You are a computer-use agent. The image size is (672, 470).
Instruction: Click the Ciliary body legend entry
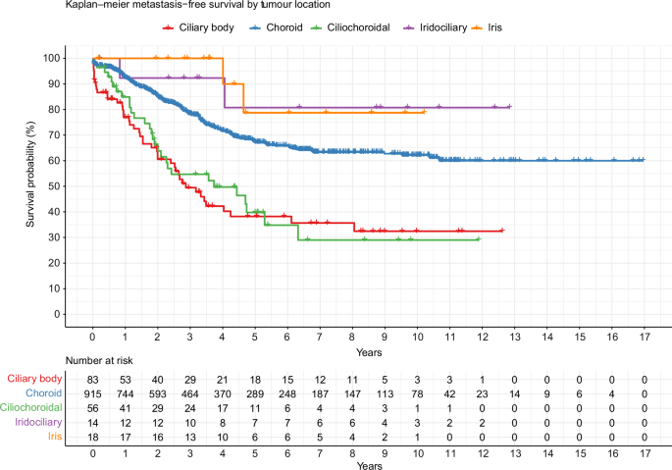[198, 27]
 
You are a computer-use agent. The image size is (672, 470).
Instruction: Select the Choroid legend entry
[277, 27]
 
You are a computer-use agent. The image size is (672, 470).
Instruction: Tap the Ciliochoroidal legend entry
[350, 27]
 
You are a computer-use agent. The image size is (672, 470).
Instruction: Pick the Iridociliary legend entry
[436, 27]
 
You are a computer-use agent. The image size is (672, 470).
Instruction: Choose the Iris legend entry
[487, 27]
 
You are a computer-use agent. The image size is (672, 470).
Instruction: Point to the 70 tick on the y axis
[54, 135]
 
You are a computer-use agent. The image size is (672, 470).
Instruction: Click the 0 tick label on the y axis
[57, 314]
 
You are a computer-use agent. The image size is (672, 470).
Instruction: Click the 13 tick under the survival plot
[515, 338]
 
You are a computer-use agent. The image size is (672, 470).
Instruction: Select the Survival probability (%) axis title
[30, 174]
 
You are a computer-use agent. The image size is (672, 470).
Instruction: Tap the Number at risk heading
[99, 361]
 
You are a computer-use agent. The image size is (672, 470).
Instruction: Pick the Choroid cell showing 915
[92, 394]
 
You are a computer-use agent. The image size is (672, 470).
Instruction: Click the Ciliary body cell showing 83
[92, 380]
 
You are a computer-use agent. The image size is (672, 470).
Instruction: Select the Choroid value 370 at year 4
[223, 394]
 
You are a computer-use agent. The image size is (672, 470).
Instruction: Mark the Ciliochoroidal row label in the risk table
[30, 407]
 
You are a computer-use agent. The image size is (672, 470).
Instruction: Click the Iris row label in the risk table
[55, 437]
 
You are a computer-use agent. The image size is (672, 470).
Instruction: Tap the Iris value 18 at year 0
[92, 438]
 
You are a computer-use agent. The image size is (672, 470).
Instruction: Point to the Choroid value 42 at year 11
[449, 394]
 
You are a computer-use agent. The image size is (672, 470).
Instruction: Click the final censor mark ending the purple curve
[509, 106]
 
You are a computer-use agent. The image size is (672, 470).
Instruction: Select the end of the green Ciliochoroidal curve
[480, 239]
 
